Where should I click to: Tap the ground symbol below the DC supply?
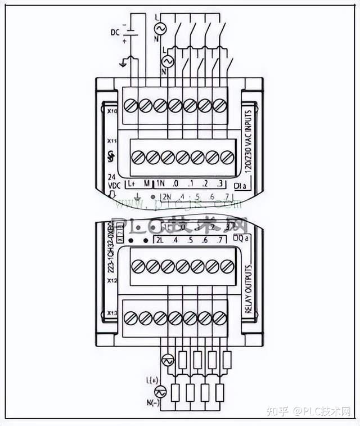click(x=123, y=63)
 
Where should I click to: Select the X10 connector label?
click(x=111, y=112)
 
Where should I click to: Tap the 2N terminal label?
click(x=166, y=196)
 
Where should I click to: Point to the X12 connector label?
click(x=111, y=280)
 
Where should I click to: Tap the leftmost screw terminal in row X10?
click(x=130, y=105)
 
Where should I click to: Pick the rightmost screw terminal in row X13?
click(x=219, y=317)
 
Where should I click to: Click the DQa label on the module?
click(x=240, y=240)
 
